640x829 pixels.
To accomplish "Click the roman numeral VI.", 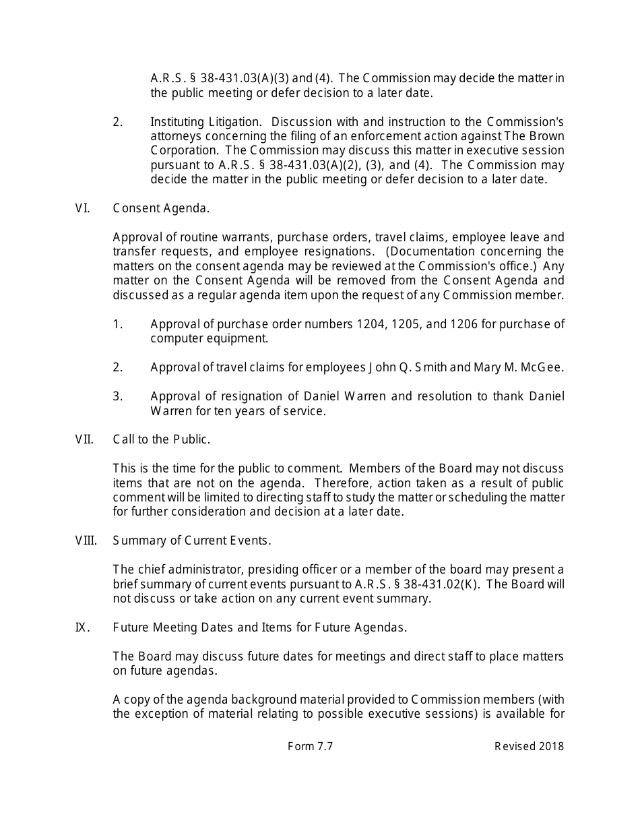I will pyautogui.click(x=82, y=208).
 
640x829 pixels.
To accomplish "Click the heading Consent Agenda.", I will pyautogui.click(x=161, y=208).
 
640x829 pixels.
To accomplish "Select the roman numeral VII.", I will pyautogui.click(x=84, y=439).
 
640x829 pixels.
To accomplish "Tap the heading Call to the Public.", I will pyautogui.click(x=162, y=439).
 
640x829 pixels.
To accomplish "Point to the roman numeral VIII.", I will pyautogui.click(x=86, y=541).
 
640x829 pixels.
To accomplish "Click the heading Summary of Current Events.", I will pyautogui.click(x=192, y=541).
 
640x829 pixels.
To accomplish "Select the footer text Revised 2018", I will pyautogui.click(x=530, y=746).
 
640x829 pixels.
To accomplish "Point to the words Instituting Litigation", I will pyautogui.click(x=205, y=122).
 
